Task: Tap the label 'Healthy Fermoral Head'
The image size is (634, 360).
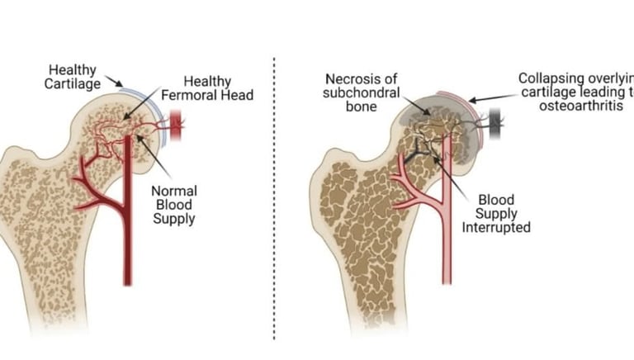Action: coord(218,88)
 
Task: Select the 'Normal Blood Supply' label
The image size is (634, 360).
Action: coord(174,205)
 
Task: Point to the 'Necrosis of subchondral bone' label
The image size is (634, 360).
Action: coord(360,92)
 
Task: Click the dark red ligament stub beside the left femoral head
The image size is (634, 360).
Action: coord(176,126)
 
